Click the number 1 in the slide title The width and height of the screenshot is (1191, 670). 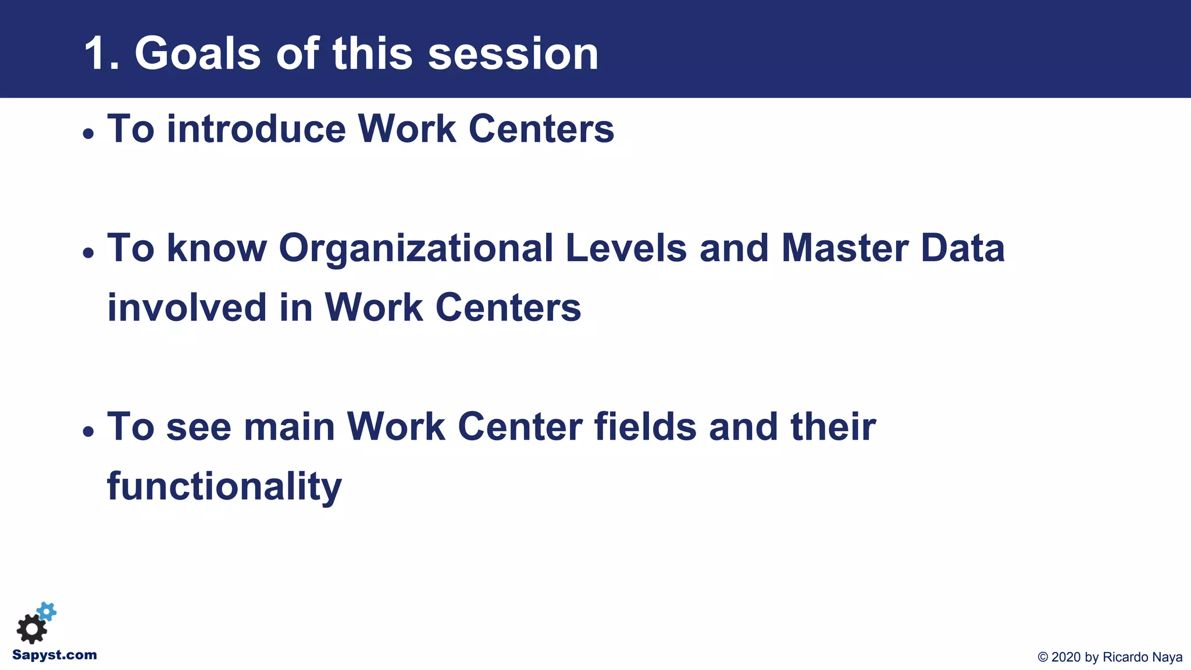[95, 54]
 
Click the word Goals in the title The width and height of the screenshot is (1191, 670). [198, 54]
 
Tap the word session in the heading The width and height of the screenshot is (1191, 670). [513, 54]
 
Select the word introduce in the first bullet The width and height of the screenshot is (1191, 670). [256, 129]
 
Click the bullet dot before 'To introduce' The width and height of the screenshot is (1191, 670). [88, 134]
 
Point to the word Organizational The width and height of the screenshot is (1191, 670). [416, 249]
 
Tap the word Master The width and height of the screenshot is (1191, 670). [844, 249]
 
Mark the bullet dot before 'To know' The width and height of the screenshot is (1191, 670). [88, 253]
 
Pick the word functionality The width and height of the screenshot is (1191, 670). [224, 486]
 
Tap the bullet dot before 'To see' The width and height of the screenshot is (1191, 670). [88, 432]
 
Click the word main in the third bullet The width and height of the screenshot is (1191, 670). [289, 427]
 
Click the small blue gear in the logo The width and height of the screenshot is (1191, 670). [47, 611]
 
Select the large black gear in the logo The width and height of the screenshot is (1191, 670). [31, 629]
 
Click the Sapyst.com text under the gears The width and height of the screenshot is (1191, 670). [55, 655]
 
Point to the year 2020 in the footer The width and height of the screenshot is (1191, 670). [1067, 657]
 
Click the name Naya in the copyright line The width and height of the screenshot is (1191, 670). [1167, 657]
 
